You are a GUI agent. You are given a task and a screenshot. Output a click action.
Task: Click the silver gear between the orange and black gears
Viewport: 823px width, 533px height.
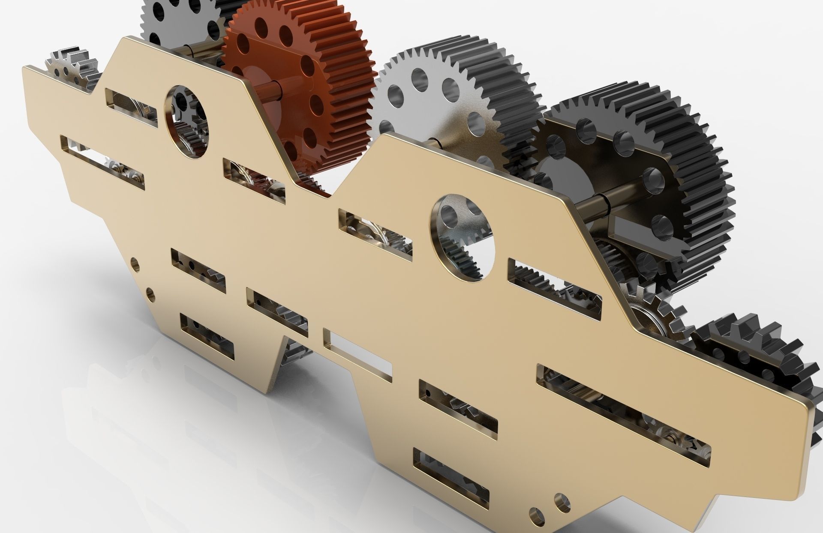coord(446,99)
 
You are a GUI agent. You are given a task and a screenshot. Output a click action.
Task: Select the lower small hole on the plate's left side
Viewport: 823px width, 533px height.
coord(150,293)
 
